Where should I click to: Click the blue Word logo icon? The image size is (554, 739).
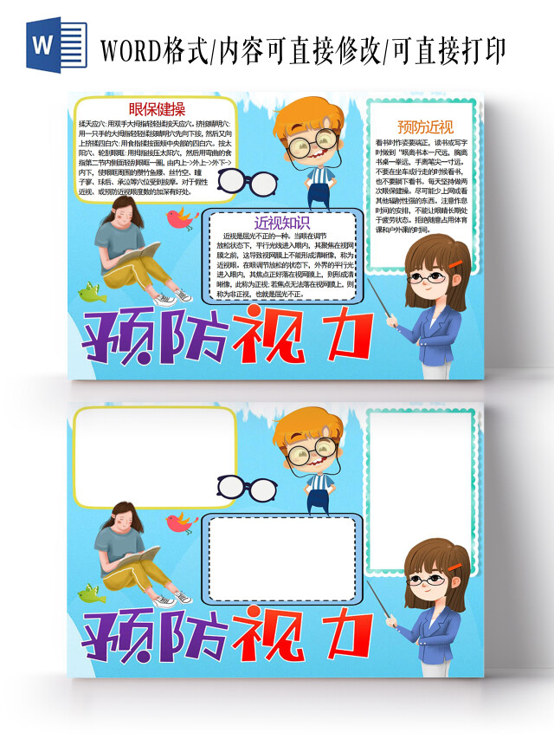pos(43,45)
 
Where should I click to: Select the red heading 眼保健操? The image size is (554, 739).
pos(156,109)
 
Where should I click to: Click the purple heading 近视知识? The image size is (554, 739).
pos(282,222)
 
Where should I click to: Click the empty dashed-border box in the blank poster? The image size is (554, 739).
pos(282,559)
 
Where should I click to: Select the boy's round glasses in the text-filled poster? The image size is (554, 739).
pos(312,142)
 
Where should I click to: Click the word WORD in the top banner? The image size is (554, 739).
pos(130,49)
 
